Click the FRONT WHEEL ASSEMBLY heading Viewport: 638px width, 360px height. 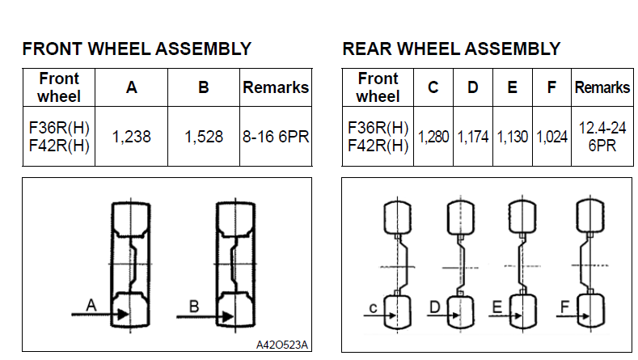pos(137,49)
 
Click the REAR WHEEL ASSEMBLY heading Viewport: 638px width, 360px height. pos(451,49)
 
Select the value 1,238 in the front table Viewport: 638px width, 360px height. pos(131,138)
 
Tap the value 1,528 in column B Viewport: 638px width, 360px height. pos(204,138)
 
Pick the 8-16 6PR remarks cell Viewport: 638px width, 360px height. pos(276,138)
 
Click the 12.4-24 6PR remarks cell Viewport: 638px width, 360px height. pos(602,138)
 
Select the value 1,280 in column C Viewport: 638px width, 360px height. pos(433,138)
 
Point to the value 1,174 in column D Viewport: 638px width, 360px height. pos(473,138)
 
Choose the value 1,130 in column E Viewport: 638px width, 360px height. pos(512,138)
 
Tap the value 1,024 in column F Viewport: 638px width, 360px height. pos(551,138)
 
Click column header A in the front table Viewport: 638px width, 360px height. pos(131,87)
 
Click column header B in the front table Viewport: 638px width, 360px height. pos(204,87)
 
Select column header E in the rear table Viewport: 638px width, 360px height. pos(512,87)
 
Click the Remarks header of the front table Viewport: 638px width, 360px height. pos(276,87)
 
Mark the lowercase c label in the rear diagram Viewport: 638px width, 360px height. pos(372,308)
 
